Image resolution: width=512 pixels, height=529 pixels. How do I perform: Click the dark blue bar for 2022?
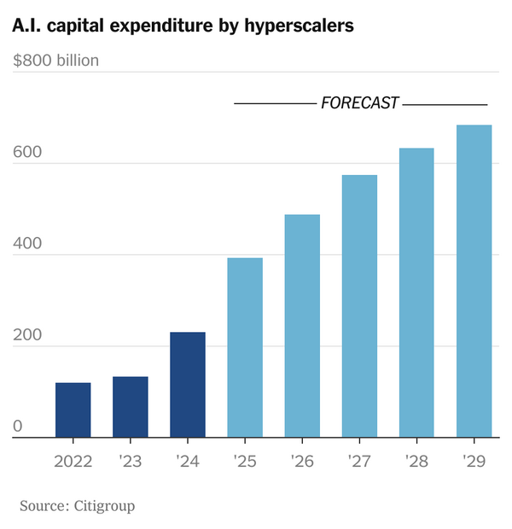(73, 410)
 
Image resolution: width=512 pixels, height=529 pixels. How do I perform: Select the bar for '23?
(130, 407)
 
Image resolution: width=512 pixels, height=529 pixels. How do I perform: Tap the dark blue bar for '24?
(188, 385)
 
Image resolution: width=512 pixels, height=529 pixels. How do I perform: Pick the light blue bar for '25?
(245, 347)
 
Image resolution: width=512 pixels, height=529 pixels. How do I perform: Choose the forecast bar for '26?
(302, 326)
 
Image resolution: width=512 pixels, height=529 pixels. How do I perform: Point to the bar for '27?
(359, 306)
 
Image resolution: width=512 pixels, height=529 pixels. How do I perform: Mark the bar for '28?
(416, 293)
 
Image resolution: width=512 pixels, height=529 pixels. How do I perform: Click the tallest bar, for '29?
(474, 282)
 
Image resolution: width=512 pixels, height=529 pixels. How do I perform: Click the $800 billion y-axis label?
(56, 61)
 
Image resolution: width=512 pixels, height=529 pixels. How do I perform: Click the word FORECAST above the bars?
(359, 103)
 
